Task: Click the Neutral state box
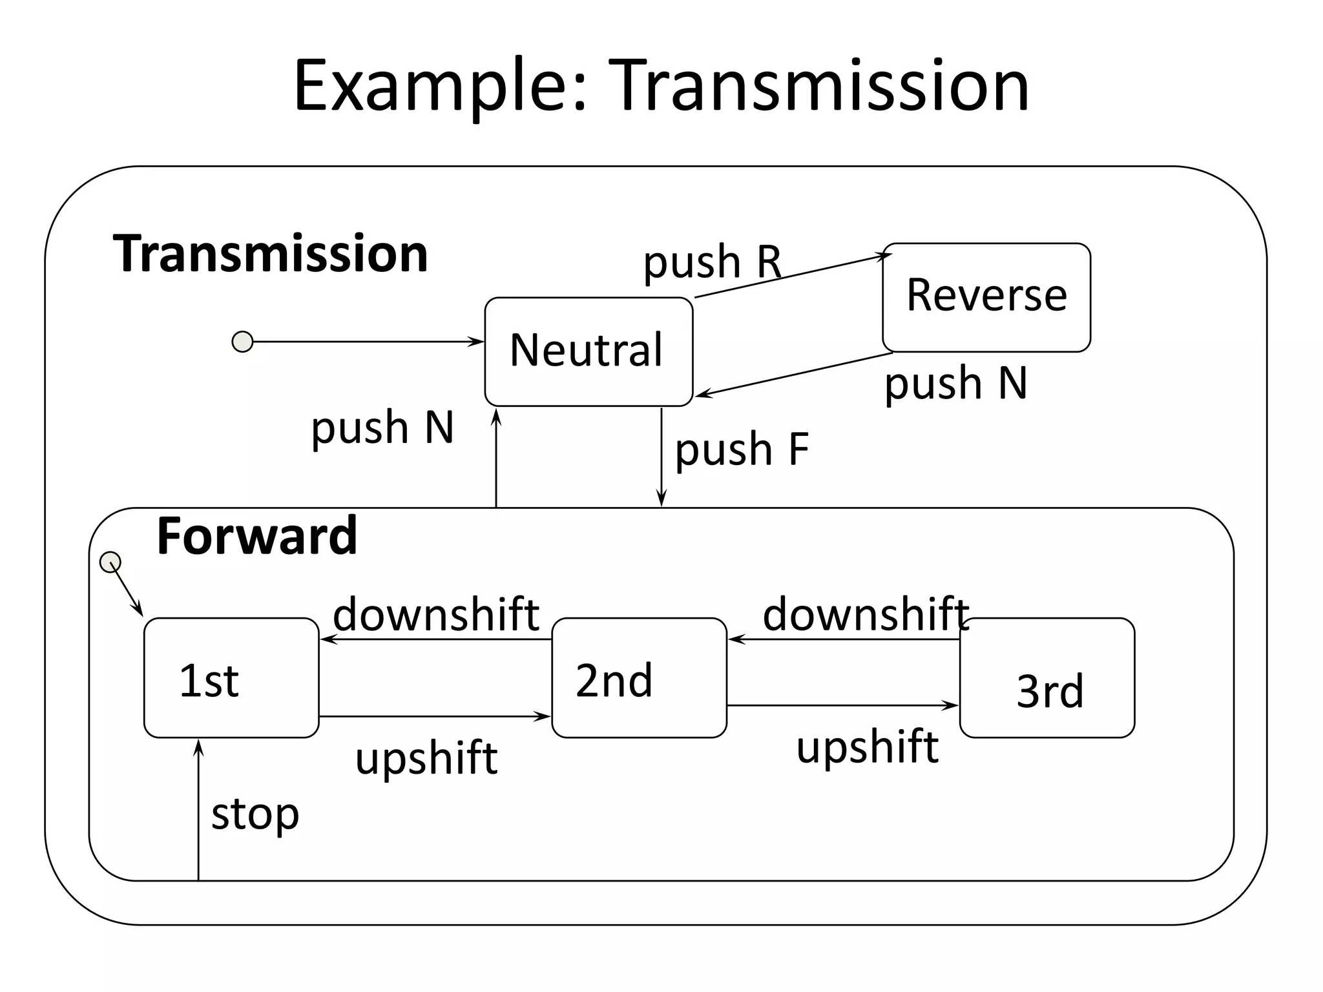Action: pos(588,352)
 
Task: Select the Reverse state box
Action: pos(986,297)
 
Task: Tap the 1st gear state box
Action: pos(231,678)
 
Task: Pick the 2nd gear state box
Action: pos(639,678)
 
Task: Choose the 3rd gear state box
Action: pos(1047,678)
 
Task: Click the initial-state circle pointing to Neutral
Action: pos(242,342)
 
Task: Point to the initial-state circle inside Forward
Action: pos(110,562)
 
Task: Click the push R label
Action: pos(712,262)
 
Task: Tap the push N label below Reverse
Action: pos(955,383)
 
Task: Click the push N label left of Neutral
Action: pos(382,428)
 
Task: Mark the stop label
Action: pos(255,814)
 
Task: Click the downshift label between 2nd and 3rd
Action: pos(866,614)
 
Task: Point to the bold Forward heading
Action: pos(256,536)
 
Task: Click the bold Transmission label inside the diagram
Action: pos(270,253)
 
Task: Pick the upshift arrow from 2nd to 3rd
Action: pos(842,705)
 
